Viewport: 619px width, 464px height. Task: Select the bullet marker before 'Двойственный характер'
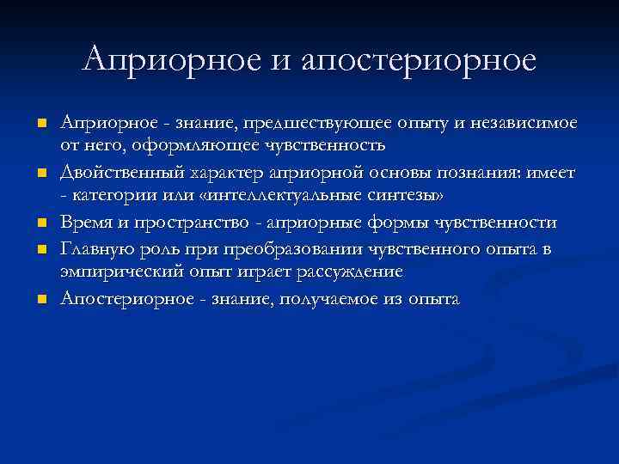(40, 174)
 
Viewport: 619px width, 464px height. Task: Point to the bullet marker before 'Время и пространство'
(40, 223)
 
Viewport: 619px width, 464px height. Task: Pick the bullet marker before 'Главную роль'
(40, 248)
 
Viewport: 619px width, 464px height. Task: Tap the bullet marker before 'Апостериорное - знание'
(40, 298)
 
